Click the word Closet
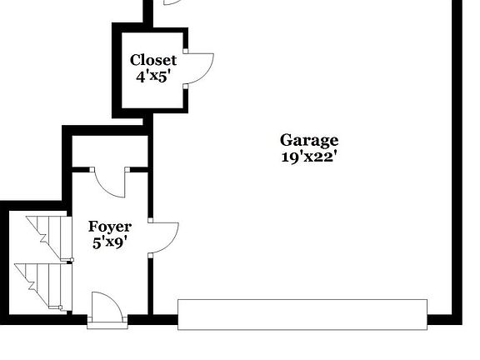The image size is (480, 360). coord(153,60)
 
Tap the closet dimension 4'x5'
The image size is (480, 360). coord(152,76)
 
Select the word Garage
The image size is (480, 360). coord(309,142)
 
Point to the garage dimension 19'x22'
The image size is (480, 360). coord(309,157)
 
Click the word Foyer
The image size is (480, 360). coord(110,227)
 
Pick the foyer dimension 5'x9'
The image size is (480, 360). coord(110,243)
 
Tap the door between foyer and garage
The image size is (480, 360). coord(165,237)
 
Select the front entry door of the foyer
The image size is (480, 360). coord(107,307)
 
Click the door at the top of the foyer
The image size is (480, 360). coord(110,184)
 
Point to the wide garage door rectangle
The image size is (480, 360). coord(302,314)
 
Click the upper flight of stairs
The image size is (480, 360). coord(50,237)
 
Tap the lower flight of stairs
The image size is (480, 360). coord(43,286)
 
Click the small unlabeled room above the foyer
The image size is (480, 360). coord(110,151)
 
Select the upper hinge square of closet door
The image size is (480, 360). coord(186,51)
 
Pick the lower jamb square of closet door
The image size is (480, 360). coord(186,87)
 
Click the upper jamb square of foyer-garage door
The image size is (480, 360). coord(150,220)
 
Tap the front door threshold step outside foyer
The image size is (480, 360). coord(107,325)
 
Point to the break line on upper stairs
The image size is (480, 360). coord(43,237)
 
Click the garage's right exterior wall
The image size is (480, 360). coord(457,162)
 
